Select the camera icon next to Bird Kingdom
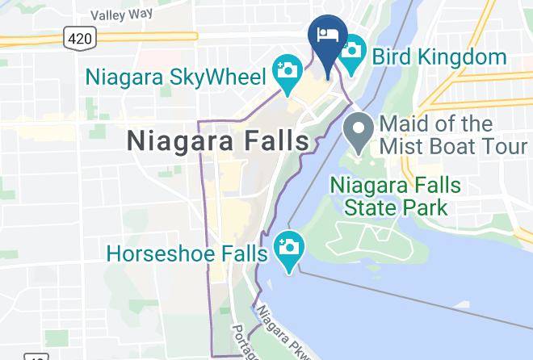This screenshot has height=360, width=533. pyautogui.click(x=352, y=49)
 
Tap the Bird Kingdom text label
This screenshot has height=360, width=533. pyautogui.click(x=439, y=58)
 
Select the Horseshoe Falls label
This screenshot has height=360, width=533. pyautogui.click(x=187, y=253)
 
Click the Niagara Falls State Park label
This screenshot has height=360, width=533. pyautogui.click(x=396, y=196)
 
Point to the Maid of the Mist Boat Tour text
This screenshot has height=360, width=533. pyautogui.click(x=447, y=136)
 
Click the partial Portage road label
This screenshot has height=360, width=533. pyautogui.click(x=241, y=342)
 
